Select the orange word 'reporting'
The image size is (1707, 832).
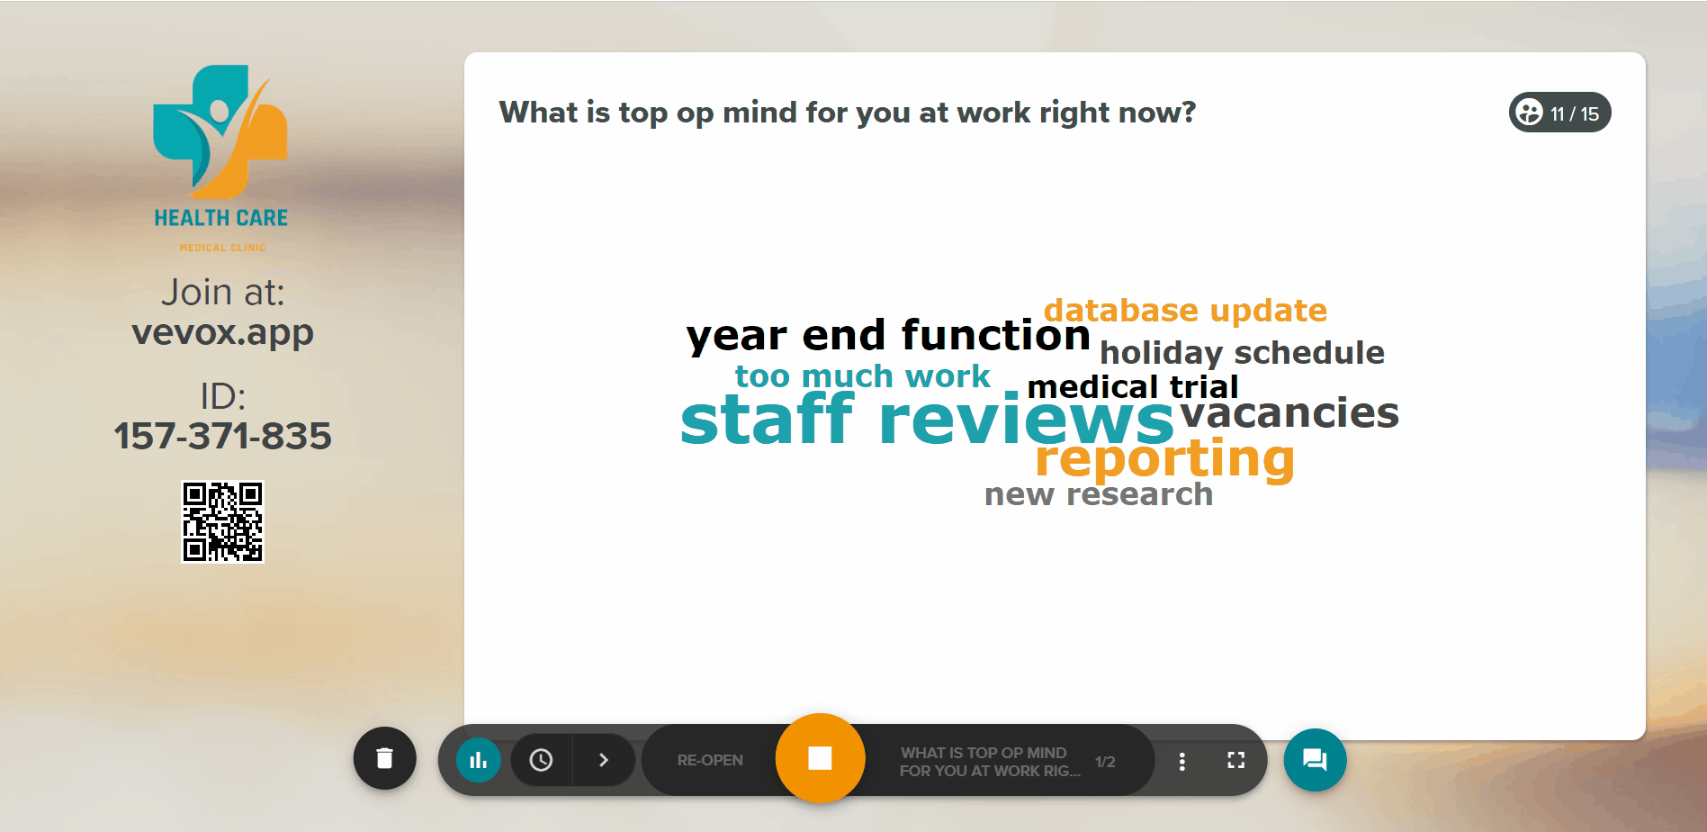click(x=1164, y=459)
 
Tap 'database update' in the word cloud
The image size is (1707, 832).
click(x=1185, y=311)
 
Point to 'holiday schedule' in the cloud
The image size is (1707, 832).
click(x=1242, y=352)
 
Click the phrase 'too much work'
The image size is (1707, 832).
click(x=862, y=375)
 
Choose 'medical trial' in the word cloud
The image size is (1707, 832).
click(x=1133, y=387)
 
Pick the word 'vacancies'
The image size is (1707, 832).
click(x=1289, y=413)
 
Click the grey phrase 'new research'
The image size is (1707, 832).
click(x=1099, y=494)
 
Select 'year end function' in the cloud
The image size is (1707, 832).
click(x=888, y=336)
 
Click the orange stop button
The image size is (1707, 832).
click(x=820, y=758)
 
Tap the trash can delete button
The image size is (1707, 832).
click(x=384, y=758)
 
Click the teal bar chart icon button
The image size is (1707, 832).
click(x=479, y=760)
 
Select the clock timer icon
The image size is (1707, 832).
click(x=541, y=760)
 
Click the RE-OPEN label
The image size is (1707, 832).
click(x=710, y=760)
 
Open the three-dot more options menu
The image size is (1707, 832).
click(x=1181, y=761)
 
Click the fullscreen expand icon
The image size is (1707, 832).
click(x=1236, y=760)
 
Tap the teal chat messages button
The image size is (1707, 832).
click(x=1315, y=760)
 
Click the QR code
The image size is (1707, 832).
click(x=222, y=521)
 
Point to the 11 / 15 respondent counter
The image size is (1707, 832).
click(x=1559, y=113)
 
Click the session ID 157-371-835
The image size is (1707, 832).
click(x=222, y=436)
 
